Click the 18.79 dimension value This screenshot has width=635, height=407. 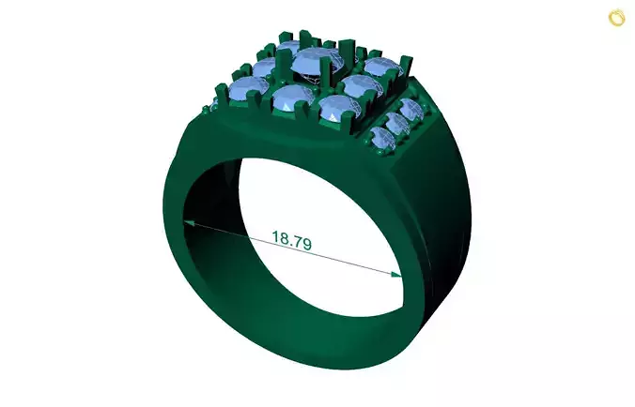[291, 240]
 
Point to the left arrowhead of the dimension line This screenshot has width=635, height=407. [189, 223]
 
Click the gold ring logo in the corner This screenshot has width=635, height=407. [617, 17]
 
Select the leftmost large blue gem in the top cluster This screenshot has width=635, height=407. [248, 91]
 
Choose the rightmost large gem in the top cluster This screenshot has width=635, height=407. [381, 68]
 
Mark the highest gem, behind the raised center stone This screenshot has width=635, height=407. [290, 47]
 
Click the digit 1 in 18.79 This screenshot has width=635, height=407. [276, 237]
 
